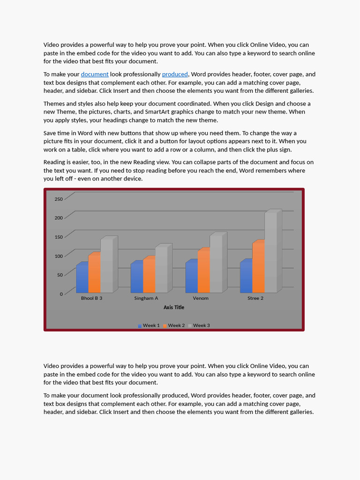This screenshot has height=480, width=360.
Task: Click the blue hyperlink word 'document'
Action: pos(95,74)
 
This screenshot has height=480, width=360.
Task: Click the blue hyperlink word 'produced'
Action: pos(175,74)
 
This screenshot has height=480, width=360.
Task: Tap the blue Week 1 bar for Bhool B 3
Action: pos(82,278)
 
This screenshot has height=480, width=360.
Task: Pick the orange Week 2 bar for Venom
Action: pos(203,272)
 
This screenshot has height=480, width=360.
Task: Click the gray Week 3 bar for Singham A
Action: pos(161,270)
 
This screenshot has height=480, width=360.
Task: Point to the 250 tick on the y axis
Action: pos(59,199)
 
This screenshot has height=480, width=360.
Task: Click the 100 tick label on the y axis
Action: pos(59,256)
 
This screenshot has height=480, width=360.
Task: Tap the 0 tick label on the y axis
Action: pos(61,294)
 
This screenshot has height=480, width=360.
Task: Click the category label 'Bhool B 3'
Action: pos(91,298)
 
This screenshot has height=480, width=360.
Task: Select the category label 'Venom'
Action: pos(201,298)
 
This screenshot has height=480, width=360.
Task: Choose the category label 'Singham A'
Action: pos(146,298)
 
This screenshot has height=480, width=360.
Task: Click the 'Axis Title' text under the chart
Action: pos(174,307)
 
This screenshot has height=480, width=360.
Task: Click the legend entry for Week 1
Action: pos(149,325)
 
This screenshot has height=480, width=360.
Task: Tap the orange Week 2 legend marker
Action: pos(165,326)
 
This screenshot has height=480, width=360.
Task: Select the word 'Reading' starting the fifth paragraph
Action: pos(55,162)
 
